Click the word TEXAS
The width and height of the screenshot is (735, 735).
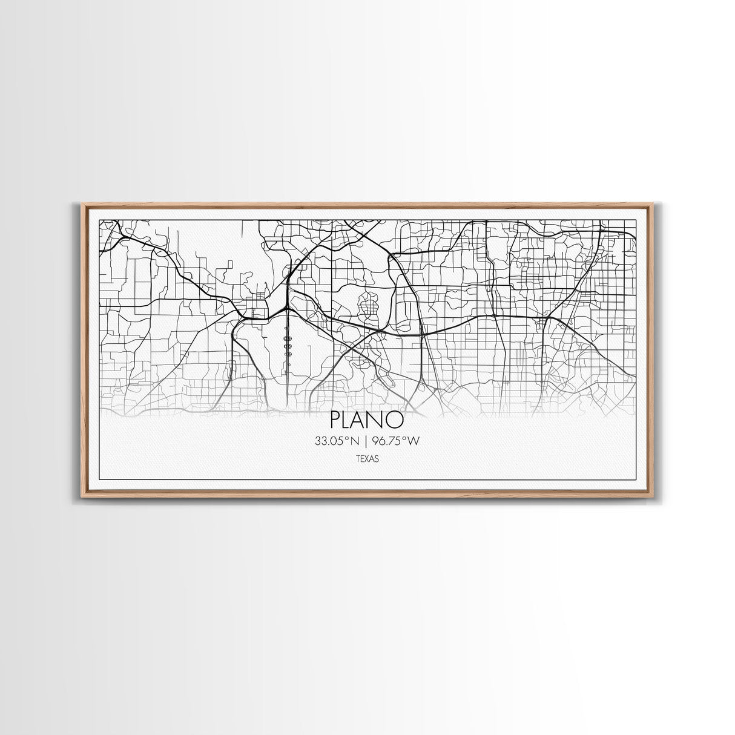(x=367, y=459)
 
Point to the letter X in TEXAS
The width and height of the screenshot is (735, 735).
(x=367, y=459)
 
